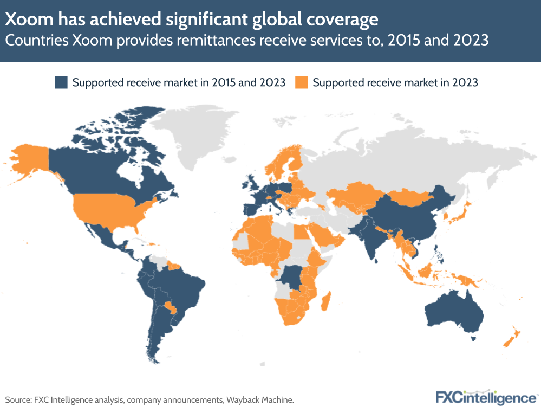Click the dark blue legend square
click(61, 83)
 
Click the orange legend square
click(301, 83)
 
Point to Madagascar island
click(326, 301)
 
